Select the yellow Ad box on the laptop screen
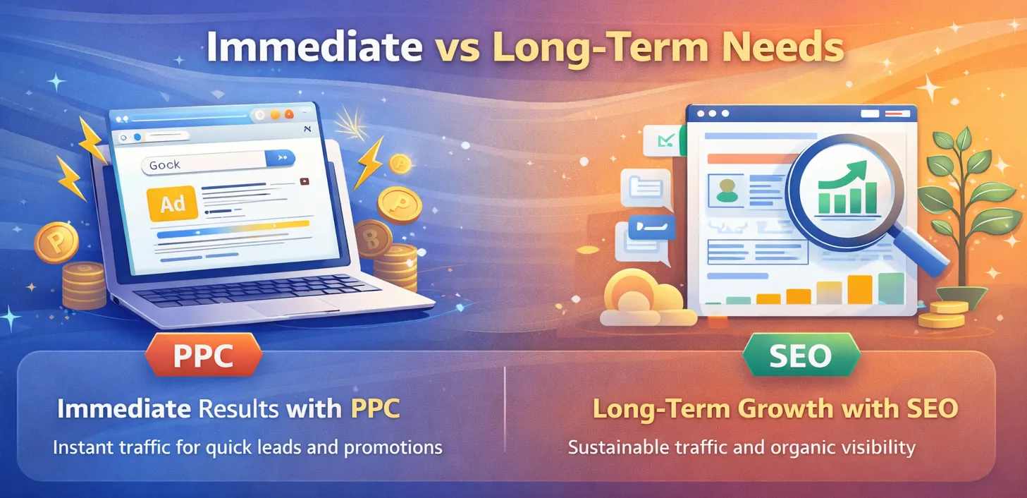[173, 205]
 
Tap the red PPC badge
[203, 355]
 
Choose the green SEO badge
[800, 355]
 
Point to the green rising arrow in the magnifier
[846, 176]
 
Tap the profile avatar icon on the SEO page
[725, 188]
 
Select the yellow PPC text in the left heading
[375, 409]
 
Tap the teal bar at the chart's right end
[891, 288]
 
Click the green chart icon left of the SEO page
[663, 142]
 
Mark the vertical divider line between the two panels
[505, 409]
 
